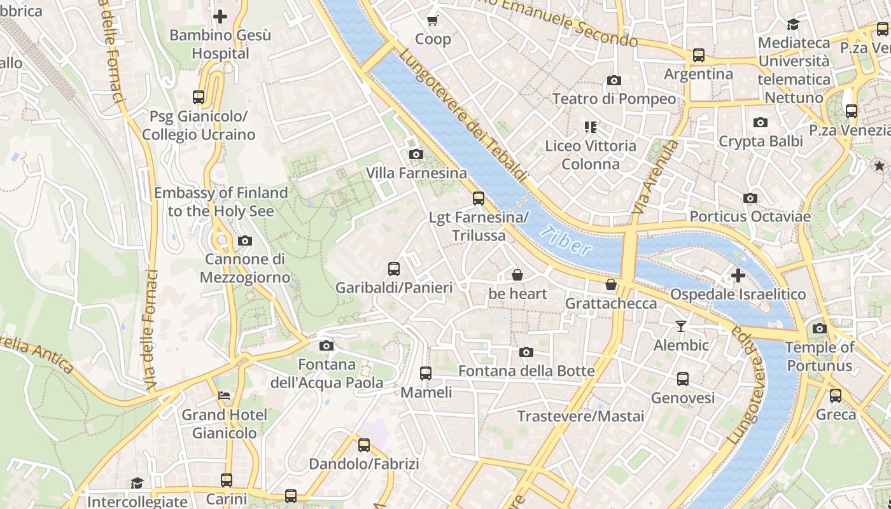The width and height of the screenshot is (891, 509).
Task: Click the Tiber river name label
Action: click(565, 240)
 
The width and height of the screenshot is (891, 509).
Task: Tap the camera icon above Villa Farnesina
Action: click(416, 154)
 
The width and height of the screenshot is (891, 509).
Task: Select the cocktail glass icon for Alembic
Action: click(681, 326)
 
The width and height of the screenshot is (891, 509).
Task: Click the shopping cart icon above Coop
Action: click(433, 20)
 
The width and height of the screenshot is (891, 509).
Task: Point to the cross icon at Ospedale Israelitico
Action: click(738, 275)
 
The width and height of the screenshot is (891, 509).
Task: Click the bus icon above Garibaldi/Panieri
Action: click(394, 269)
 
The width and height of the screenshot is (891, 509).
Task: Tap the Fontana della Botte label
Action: click(526, 371)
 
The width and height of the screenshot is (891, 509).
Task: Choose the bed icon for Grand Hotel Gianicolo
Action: click(224, 396)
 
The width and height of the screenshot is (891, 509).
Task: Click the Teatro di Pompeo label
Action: click(614, 99)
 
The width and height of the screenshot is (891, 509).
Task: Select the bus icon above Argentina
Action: click(699, 55)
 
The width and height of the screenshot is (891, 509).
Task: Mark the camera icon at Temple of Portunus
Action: click(820, 329)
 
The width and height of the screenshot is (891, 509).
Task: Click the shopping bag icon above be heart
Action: click(517, 275)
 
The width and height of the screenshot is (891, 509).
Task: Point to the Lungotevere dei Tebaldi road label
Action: click(463, 115)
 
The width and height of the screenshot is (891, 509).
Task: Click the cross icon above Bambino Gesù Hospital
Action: click(220, 16)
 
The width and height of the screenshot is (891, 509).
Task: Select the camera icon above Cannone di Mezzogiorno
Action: click(244, 241)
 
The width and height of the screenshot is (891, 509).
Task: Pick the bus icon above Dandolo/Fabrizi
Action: click(364, 445)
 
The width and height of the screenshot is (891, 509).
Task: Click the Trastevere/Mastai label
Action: click(580, 416)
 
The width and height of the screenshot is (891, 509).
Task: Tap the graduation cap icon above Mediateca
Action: click(793, 24)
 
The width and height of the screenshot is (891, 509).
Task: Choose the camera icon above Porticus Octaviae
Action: click(750, 198)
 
